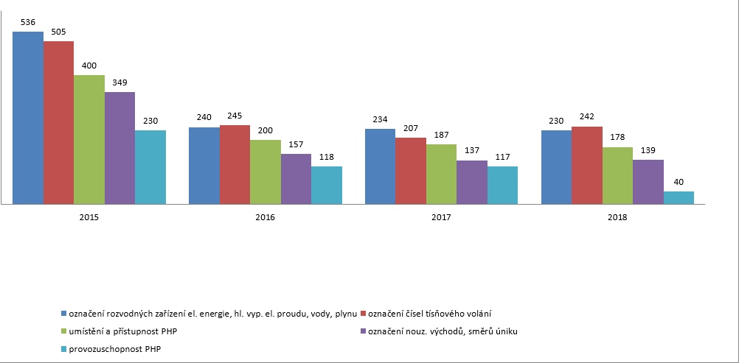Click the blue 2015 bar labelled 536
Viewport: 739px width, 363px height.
pos(28,118)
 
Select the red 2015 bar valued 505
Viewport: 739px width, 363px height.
pos(58,123)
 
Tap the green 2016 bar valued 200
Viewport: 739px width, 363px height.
pos(266,172)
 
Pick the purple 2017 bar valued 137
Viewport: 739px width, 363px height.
pos(472,182)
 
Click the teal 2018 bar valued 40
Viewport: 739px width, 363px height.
pos(679,198)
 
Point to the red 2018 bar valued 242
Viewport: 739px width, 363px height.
pos(587,165)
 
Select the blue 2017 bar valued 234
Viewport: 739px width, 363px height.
pos(381,166)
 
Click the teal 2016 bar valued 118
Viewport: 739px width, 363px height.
pos(327,185)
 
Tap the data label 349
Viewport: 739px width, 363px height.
pos(119,83)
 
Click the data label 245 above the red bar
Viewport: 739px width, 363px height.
pos(235,116)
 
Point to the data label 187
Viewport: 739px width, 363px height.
pos(442,135)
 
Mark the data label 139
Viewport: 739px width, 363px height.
pos(648,151)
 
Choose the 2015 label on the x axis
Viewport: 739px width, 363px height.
pos(89,218)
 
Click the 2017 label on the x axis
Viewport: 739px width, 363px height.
pos(442,218)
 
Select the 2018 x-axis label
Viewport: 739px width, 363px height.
pos(618,218)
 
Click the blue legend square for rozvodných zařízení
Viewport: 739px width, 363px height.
pos(64,313)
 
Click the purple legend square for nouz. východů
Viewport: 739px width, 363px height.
pos(363,331)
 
